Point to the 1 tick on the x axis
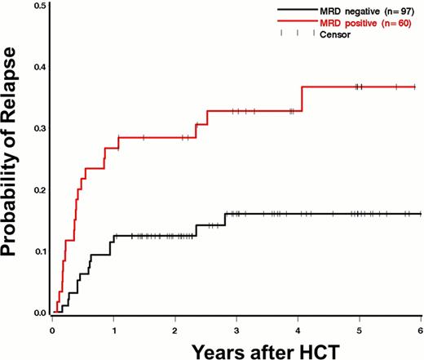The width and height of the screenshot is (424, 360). pyautogui.click(x=113, y=329)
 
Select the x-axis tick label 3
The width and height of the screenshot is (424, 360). pyautogui.click(x=236, y=329)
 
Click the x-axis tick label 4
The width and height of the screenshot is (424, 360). pyautogui.click(x=298, y=329)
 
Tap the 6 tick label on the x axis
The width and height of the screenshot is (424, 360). pyautogui.click(x=419, y=329)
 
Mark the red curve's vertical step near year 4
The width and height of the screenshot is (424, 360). pyautogui.click(x=303, y=99)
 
